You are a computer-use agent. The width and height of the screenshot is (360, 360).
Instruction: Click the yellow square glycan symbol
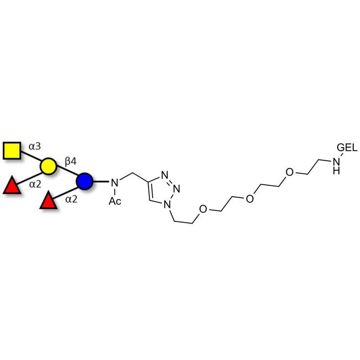pos(12,151)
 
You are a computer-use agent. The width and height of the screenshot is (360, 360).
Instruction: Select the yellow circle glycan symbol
pos(48,166)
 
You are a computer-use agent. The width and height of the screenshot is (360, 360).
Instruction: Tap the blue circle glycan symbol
pos(85,181)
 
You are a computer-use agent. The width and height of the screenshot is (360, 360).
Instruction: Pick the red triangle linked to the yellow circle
pos(12,185)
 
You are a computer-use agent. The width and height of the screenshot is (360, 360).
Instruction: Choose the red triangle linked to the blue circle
pos(49,200)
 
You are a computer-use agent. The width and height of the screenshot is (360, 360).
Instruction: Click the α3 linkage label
pos(35,146)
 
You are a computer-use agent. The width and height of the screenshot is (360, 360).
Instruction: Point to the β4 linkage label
pos(71,162)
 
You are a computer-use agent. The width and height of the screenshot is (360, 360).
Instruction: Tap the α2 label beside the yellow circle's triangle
pos(35,184)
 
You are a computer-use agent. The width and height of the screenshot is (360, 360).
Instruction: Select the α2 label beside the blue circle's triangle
pos(71,199)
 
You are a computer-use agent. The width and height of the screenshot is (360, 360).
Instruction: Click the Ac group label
pos(115,201)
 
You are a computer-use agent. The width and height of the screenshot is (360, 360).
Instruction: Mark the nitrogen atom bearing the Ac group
pos(115,183)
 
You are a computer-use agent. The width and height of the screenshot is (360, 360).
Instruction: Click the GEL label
pos(347,148)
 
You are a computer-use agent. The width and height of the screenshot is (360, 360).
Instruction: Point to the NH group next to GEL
pos(336,166)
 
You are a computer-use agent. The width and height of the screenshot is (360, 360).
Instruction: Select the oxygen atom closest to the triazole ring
pos(203,209)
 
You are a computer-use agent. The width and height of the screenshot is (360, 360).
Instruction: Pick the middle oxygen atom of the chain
pos(250,198)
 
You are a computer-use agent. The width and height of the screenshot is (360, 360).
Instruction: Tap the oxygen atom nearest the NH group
pos(289,172)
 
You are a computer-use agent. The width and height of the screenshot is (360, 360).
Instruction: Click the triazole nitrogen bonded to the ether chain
pos(167,204)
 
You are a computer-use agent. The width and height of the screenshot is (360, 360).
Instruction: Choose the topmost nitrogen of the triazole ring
pos(165,175)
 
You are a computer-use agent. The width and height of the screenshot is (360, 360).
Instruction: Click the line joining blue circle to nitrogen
pos(100,182)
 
